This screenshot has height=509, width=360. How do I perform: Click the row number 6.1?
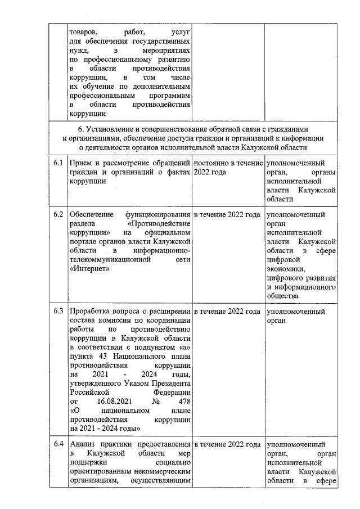[x=57, y=163]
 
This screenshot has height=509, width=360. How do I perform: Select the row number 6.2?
[x=57, y=215]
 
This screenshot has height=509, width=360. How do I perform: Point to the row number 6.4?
[x=57, y=445]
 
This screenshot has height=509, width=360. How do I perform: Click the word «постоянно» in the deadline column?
[x=211, y=163]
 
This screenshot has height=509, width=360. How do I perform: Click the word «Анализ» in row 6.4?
[x=81, y=445]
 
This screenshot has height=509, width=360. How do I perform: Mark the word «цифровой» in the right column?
[x=284, y=260]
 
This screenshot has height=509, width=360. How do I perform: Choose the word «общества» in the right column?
[x=284, y=296]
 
